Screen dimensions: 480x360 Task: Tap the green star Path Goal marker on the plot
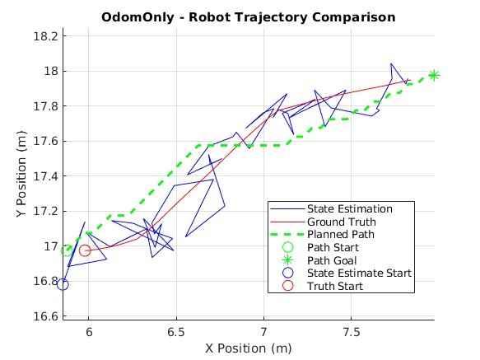click(x=434, y=75)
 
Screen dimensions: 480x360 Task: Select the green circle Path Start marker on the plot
click(x=67, y=250)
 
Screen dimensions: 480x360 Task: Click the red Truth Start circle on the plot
click(x=85, y=250)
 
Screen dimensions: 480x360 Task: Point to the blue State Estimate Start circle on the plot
click(x=63, y=284)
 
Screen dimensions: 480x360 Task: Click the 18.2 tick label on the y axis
click(x=45, y=36)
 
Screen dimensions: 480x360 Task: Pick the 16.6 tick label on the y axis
click(x=45, y=316)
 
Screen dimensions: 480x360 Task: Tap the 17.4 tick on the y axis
click(x=45, y=176)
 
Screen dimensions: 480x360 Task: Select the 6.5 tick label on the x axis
click(x=176, y=332)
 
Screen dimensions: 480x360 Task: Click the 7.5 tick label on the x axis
click(x=352, y=332)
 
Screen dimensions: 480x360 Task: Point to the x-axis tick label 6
click(x=89, y=332)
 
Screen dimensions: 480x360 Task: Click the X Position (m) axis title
click(x=249, y=348)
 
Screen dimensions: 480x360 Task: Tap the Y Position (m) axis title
click(x=21, y=174)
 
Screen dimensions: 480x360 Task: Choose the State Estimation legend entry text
click(x=350, y=209)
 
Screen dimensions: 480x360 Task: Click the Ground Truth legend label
click(x=342, y=222)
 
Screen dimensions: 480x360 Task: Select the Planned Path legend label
click(x=341, y=235)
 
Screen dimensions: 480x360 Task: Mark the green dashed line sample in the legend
click(x=288, y=235)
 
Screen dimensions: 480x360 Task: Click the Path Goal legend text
click(x=332, y=260)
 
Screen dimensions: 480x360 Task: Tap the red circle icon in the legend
click(x=288, y=286)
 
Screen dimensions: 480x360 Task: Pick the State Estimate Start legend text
click(x=360, y=273)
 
